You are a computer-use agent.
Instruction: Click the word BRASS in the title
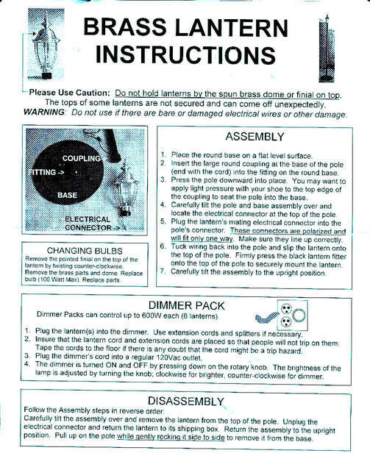[x=124, y=26]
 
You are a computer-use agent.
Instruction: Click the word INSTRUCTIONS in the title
[x=185, y=54]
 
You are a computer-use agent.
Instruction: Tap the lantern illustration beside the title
[x=46, y=44]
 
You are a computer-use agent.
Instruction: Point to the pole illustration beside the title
[x=327, y=49]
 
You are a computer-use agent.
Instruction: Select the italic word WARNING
[x=44, y=112]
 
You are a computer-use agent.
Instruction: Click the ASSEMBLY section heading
[x=255, y=136]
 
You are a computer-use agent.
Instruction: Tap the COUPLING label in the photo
[x=82, y=158]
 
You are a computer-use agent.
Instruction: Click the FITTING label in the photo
[x=46, y=172]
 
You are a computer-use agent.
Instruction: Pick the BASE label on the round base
[x=67, y=195]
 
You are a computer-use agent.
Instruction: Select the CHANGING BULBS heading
[x=85, y=251]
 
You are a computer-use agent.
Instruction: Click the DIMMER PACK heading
[x=186, y=306]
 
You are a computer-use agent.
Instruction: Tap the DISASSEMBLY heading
[x=186, y=401]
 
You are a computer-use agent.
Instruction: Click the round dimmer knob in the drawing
[x=299, y=316]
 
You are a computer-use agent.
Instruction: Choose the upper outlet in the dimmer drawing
[x=285, y=308]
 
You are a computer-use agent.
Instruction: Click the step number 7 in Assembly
[x=163, y=271]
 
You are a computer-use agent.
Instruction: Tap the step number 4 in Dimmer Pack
[x=27, y=364]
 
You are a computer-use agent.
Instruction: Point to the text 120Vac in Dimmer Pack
[x=167, y=357]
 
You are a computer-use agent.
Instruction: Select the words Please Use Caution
[x=70, y=93]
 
